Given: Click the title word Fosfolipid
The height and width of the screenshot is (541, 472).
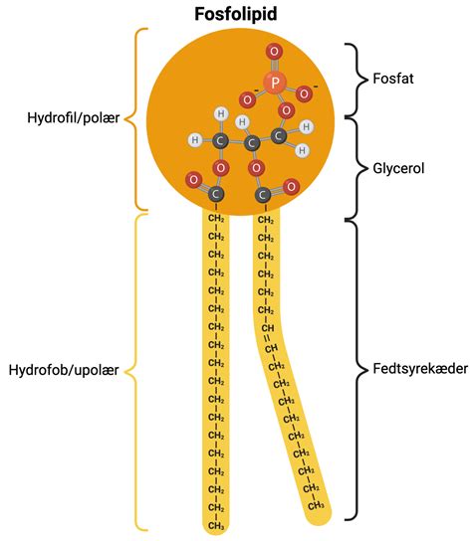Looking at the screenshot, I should click(x=236, y=16).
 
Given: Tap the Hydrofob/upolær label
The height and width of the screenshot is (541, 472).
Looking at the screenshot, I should click(x=64, y=370).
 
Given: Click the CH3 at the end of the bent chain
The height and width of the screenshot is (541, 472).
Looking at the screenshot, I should click(x=313, y=502).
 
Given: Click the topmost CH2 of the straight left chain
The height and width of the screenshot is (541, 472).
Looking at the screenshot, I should click(x=215, y=218).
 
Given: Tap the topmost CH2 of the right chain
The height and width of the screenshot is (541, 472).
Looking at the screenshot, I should click(x=265, y=218).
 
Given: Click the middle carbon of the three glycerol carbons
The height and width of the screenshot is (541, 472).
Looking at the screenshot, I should click(x=253, y=145).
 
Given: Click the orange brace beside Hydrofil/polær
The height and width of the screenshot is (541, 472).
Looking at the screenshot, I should click(x=138, y=118).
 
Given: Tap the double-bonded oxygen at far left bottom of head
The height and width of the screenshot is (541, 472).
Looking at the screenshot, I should click(x=192, y=180).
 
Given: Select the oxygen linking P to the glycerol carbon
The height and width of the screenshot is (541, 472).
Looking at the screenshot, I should click(x=287, y=109).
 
